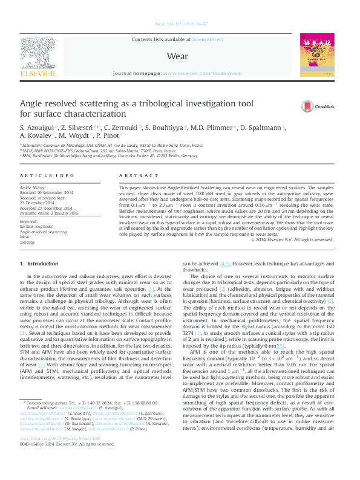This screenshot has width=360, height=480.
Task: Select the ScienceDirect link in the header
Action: [208, 39]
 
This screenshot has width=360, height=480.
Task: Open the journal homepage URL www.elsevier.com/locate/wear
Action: [202, 73]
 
